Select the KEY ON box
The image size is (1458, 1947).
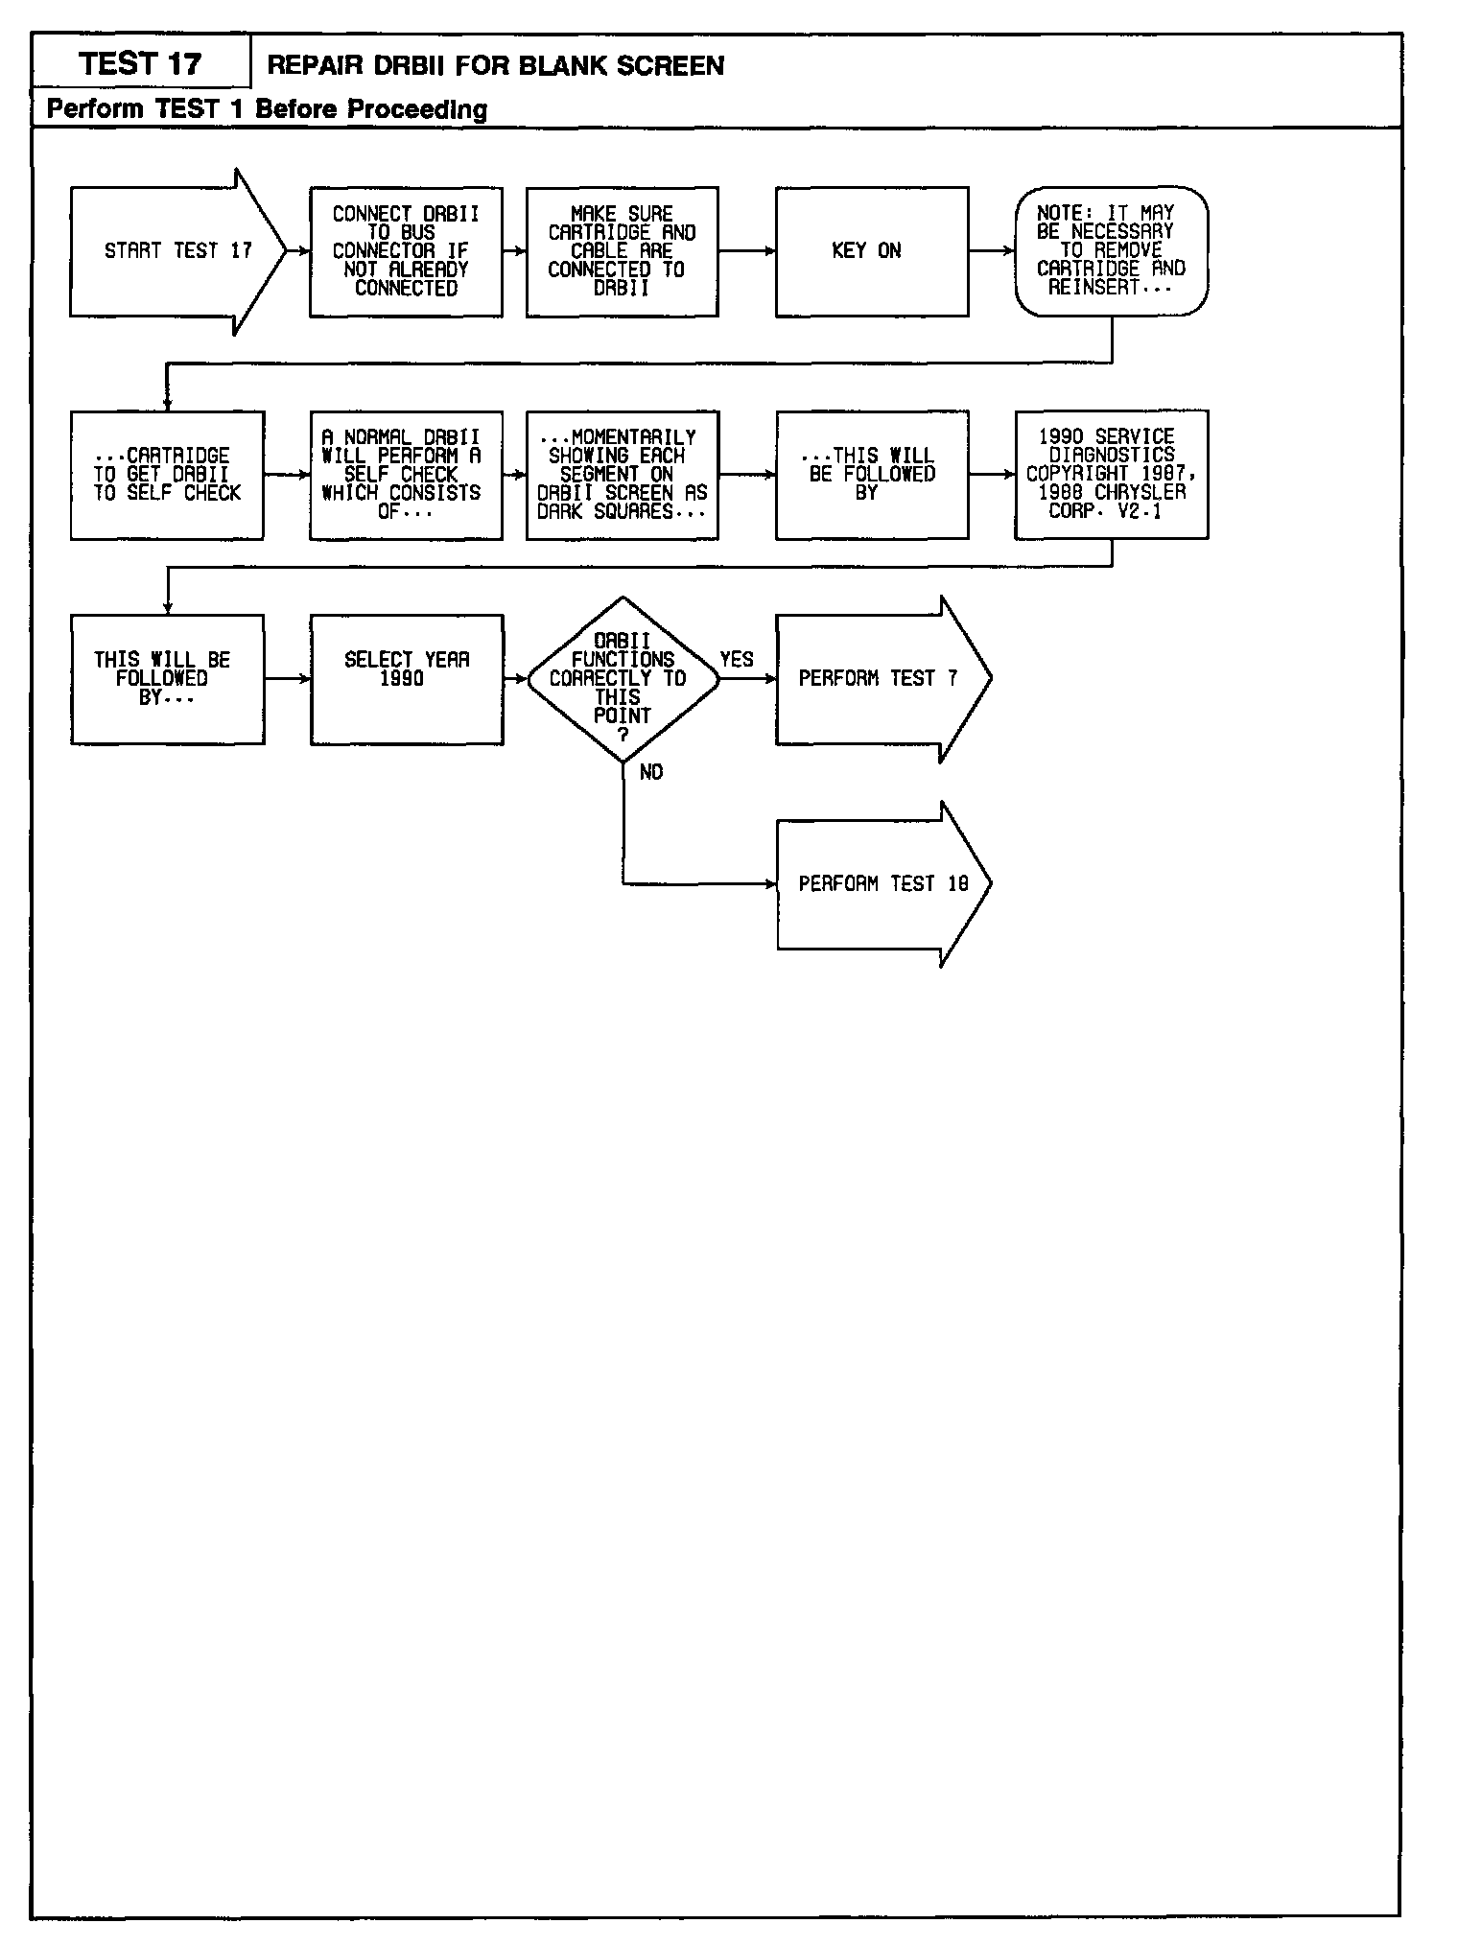click(x=871, y=251)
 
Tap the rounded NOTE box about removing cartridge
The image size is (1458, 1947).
click(x=1111, y=251)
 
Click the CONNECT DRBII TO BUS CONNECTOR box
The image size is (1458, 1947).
click(x=406, y=251)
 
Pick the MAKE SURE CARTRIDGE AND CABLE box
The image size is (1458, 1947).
click(x=622, y=251)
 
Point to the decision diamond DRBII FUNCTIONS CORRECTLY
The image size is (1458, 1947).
click(x=623, y=679)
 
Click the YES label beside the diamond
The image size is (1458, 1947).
click(x=737, y=660)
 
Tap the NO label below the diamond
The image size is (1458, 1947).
click(x=651, y=773)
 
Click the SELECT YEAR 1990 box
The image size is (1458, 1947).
click(x=407, y=679)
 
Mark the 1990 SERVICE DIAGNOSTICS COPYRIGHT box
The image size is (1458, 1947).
click(x=1111, y=475)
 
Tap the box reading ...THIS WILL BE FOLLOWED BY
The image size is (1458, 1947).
click(x=871, y=475)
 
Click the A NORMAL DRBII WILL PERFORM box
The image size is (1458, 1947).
click(x=406, y=475)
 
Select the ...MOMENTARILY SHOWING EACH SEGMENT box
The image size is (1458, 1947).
click(x=622, y=475)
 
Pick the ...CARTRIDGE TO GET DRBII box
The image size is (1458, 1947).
click(x=167, y=475)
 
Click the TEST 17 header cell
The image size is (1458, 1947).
click(x=141, y=63)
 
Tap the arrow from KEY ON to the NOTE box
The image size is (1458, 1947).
click(x=992, y=251)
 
